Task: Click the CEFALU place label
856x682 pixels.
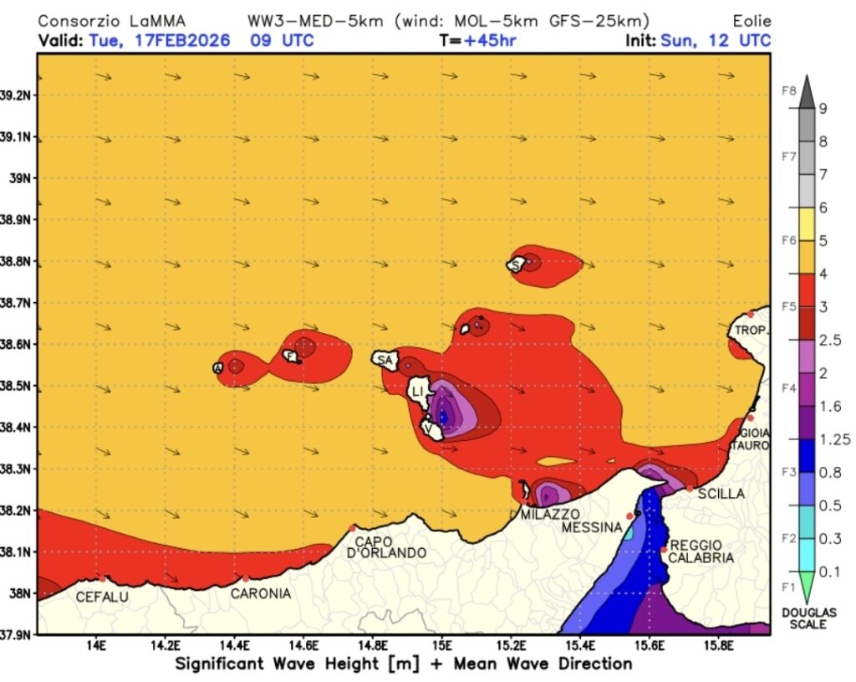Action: tap(102, 597)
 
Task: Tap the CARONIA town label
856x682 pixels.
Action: tap(261, 593)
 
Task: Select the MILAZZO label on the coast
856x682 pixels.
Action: tap(550, 514)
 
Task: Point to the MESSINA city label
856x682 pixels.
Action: tap(591, 527)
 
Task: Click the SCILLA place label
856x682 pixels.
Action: tap(721, 494)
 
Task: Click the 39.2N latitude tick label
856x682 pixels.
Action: tap(18, 95)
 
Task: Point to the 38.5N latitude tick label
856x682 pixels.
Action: tap(18, 386)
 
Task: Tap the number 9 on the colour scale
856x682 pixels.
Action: tap(823, 108)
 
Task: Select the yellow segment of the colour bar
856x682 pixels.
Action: tap(806, 223)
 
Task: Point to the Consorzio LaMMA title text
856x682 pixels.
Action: tap(112, 21)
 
